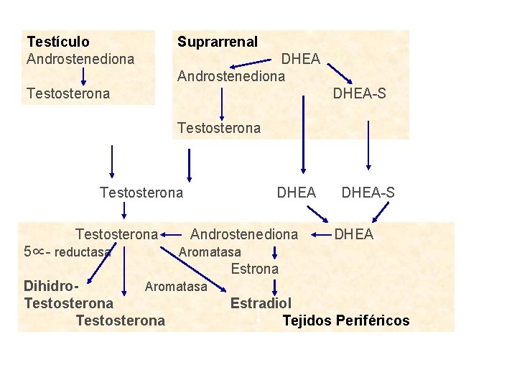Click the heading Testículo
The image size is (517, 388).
pyautogui.click(x=58, y=42)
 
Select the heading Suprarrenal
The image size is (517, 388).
pyautogui.click(x=218, y=42)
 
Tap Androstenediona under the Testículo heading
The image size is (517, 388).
pyautogui.click(x=80, y=59)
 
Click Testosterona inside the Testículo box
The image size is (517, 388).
pyautogui.click(x=68, y=93)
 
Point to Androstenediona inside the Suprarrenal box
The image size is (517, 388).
pyautogui.click(x=231, y=75)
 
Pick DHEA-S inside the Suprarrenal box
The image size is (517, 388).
pyautogui.click(x=359, y=93)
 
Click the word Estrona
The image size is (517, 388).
pyautogui.click(x=254, y=269)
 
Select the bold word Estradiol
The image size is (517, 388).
pyautogui.click(x=261, y=303)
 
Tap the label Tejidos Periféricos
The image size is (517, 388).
pyautogui.click(x=346, y=320)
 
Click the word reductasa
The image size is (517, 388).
pyautogui.click(x=83, y=252)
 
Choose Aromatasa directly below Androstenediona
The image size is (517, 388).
pyautogui.click(x=210, y=252)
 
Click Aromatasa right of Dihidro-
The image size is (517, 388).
pyautogui.click(x=176, y=287)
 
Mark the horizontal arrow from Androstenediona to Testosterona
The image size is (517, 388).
pyautogui.click(x=172, y=234)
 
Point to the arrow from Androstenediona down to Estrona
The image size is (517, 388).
pyautogui.click(x=276, y=251)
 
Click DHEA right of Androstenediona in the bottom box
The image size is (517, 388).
pyautogui.click(x=354, y=234)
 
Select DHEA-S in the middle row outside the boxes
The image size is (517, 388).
pyautogui.click(x=368, y=193)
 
